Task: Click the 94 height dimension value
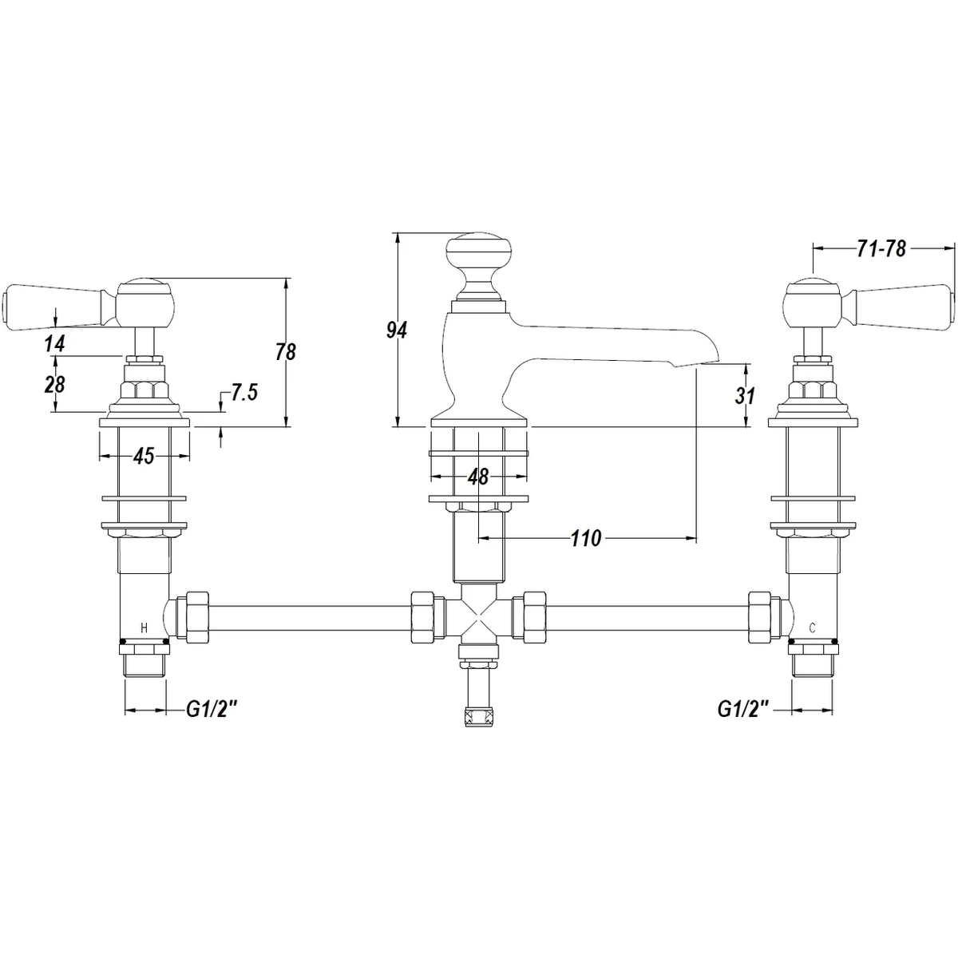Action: point(397,330)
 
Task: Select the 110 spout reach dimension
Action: point(586,538)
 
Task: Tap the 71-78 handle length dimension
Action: point(881,249)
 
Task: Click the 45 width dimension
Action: point(144,456)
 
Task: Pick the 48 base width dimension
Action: point(478,477)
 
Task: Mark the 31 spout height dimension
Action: point(745,396)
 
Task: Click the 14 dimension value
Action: point(55,343)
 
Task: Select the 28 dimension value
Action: point(55,384)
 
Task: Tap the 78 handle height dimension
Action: point(286,352)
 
